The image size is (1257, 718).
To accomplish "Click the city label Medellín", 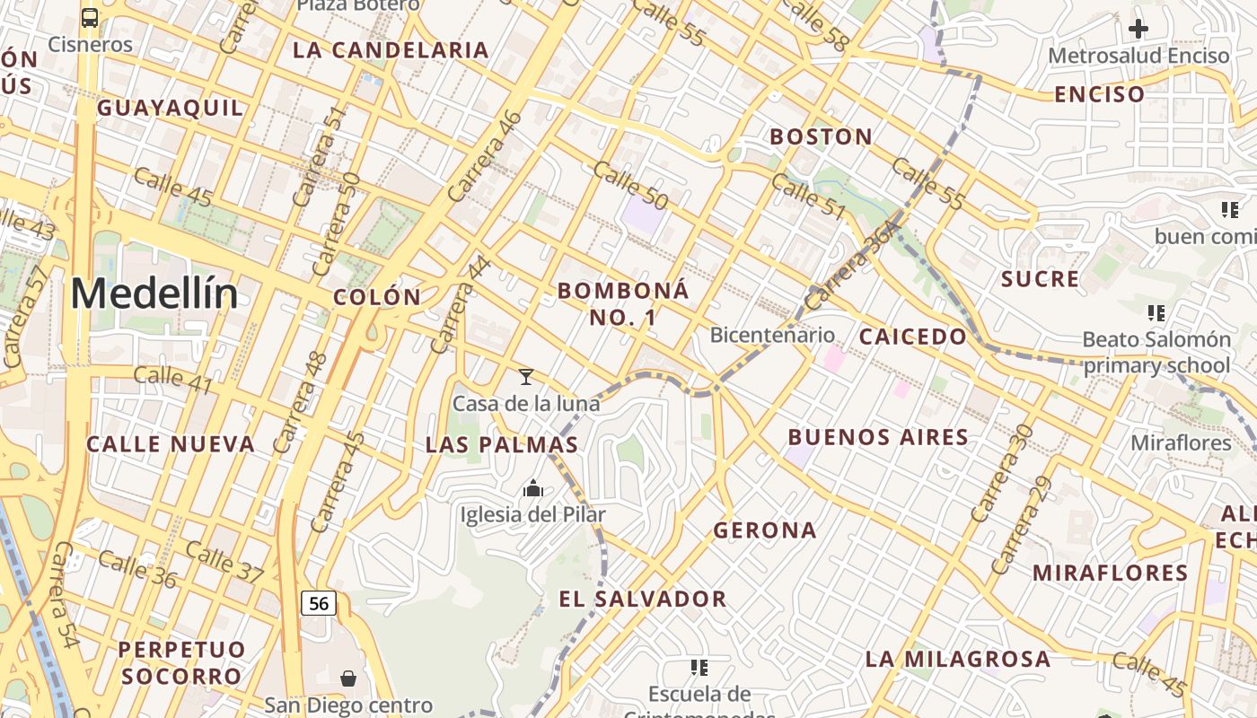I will point(154,293).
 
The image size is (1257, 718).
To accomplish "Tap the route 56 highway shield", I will point(319,603).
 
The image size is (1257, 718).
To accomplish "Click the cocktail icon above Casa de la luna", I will point(526,377).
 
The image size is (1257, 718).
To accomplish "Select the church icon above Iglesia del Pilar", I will point(533,488).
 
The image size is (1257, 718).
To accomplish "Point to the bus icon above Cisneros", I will point(90,17).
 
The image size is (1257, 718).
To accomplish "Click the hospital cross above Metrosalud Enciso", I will point(1138,29).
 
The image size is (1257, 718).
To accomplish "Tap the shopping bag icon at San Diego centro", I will point(348,679).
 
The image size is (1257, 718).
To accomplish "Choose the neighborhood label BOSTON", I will point(821,137).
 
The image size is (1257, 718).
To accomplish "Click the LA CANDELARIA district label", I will point(391,50).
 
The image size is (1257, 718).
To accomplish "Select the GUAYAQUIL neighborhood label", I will point(170,109).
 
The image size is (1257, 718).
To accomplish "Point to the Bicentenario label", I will point(772,336).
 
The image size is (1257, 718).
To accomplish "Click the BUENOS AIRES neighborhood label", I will point(878,438).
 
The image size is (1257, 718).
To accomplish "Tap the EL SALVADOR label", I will point(642,600).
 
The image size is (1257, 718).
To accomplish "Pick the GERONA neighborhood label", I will point(765,530).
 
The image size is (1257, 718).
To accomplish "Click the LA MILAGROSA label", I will point(957,660).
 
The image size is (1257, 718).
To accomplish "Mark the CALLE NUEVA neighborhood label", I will point(171,444).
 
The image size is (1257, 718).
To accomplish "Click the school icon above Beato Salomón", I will point(1156,313).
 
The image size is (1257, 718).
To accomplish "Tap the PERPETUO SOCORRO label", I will point(181,662).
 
